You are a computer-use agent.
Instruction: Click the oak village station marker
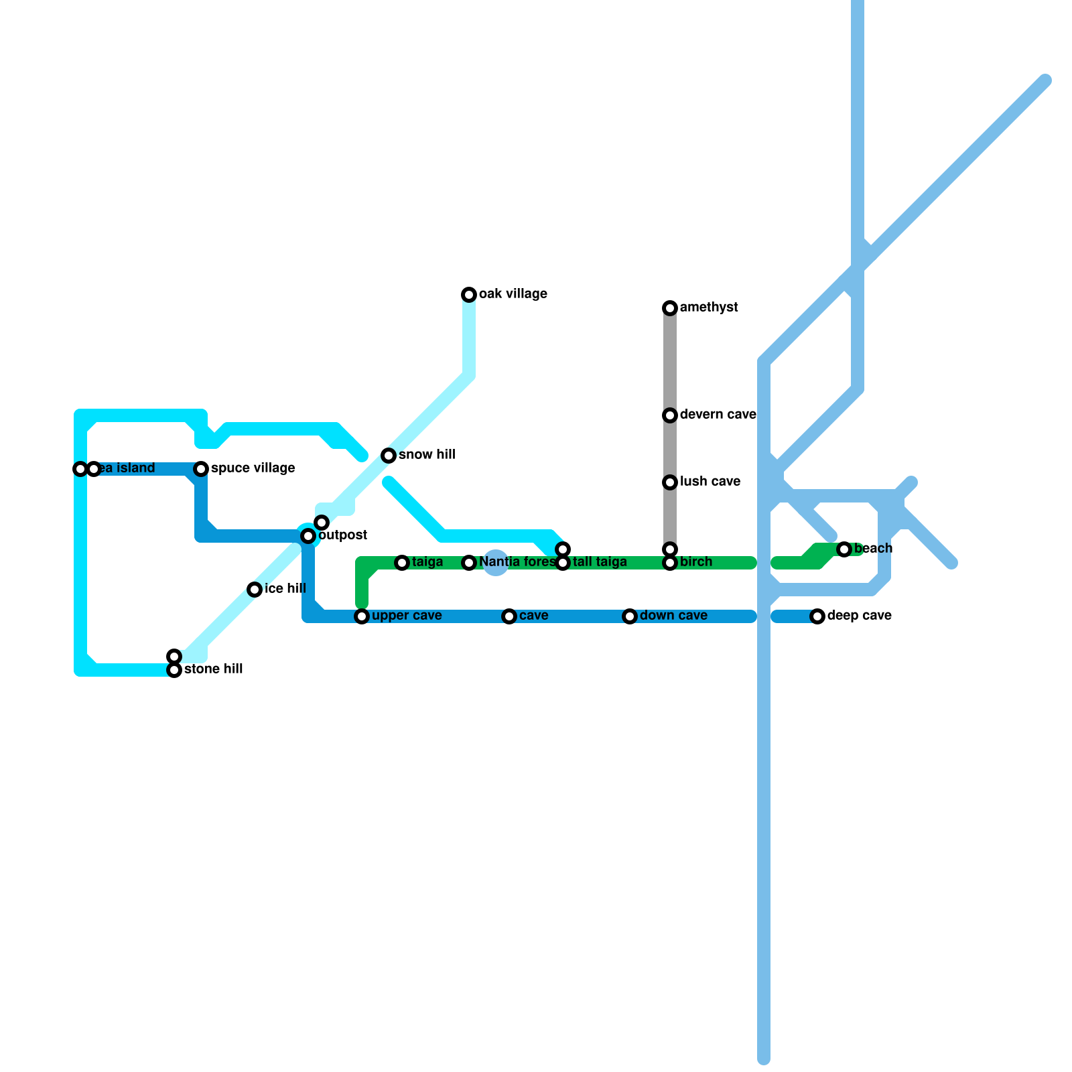tap(469, 295)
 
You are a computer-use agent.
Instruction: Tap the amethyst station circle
tap(670, 308)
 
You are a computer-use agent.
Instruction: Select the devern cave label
tap(718, 415)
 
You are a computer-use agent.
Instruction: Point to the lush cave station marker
tap(670, 482)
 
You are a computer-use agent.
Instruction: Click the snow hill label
tap(427, 455)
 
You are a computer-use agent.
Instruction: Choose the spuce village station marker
tap(201, 469)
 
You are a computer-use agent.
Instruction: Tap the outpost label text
tap(342, 535)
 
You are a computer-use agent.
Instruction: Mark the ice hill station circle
tap(255, 590)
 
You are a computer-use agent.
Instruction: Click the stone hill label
tap(213, 669)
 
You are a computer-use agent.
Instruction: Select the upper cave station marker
tap(362, 616)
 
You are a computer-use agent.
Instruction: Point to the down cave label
tap(673, 616)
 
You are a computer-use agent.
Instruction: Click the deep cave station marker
tap(817, 616)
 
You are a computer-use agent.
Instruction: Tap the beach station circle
tap(844, 549)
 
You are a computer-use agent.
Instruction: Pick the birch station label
tap(696, 562)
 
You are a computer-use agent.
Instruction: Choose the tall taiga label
tap(600, 562)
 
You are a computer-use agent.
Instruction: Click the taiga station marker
tap(402, 563)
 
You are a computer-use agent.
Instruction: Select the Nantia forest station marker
tap(469, 563)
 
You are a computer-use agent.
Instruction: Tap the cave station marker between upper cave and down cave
tap(509, 616)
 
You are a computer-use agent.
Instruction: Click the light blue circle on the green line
tap(496, 563)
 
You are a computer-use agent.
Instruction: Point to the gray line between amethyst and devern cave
tap(670, 362)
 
